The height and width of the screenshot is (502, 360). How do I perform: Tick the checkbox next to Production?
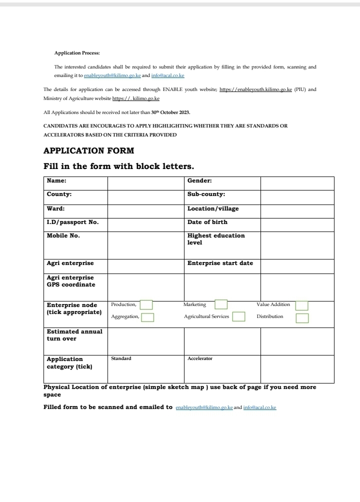[146, 305]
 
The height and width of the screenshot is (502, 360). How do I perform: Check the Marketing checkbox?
[220, 304]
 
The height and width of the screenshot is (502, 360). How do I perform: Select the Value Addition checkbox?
[301, 305]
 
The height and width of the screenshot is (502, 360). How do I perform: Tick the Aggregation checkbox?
[147, 317]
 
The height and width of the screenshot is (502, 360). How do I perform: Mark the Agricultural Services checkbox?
[238, 316]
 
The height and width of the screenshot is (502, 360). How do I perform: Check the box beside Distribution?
[302, 317]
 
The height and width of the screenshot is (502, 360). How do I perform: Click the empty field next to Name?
[145, 183]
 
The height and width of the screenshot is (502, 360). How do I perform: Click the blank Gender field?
[297, 183]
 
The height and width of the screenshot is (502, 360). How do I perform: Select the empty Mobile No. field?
[145, 245]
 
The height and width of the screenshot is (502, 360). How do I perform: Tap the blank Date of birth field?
[297, 224]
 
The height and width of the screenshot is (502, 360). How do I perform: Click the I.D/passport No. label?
[72, 222]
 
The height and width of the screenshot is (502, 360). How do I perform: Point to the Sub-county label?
[206, 194]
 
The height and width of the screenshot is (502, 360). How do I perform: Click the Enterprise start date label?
[220, 263]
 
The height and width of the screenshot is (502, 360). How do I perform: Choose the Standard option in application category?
[121, 358]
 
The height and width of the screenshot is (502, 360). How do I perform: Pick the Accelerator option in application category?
[200, 358]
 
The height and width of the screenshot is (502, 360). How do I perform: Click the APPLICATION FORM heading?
[88, 150]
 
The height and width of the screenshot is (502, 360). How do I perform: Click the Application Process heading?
[77, 52]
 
